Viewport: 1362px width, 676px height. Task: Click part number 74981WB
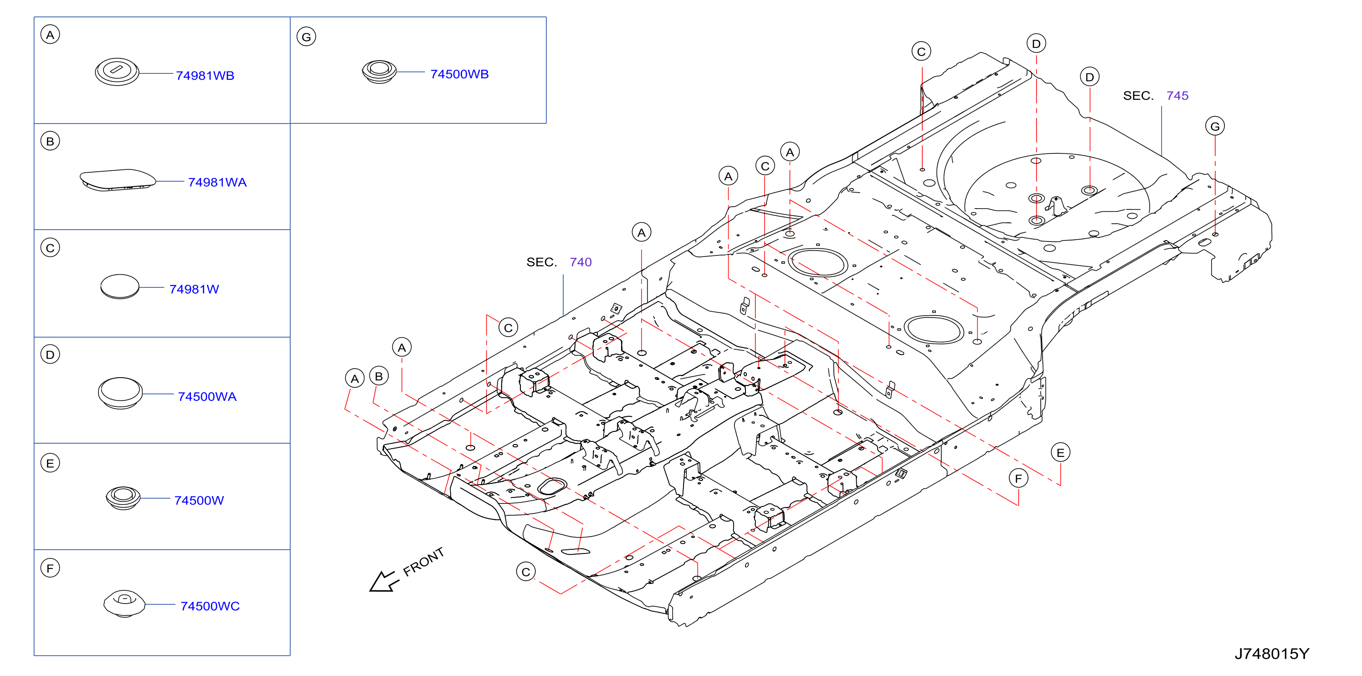pyautogui.click(x=205, y=76)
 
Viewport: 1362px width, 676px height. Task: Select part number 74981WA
pyautogui.click(x=217, y=182)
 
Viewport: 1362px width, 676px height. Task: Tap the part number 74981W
pyautogui.click(x=194, y=289)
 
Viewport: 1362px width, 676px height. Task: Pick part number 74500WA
pyautogui.click(x=207, y=396)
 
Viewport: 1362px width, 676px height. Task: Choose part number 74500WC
pyautogui.click(x=210, y=606)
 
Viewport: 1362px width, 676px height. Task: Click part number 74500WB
pyautogui.click(x=459, y=74)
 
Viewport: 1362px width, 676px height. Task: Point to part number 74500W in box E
pyautogui.click(x=199, y=500)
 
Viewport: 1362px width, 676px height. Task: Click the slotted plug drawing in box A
pyautogui.click(x=117, y=72)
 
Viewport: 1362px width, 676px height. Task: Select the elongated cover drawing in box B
pyautogui.click(x=118, y=179)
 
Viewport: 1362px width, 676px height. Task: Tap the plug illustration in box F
pyautogui.click(x=124, y=604)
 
